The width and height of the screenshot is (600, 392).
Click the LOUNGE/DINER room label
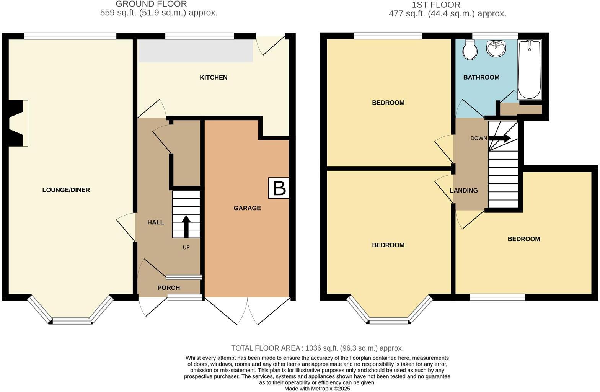66,190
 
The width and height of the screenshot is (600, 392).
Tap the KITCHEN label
214,77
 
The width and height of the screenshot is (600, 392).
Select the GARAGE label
247,208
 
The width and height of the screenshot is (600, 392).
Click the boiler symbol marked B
279,188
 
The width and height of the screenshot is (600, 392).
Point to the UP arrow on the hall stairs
186,226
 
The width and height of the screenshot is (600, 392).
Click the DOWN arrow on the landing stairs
499,138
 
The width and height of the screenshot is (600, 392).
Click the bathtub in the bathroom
529,69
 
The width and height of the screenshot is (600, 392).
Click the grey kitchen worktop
195,51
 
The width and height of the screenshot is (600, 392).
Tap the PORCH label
169,288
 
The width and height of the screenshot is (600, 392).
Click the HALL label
155,222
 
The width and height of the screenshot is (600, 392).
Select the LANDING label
463,190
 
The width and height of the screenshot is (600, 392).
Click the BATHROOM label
481,77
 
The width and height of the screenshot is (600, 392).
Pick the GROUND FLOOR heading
151,4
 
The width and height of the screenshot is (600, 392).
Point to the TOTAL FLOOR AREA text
317,348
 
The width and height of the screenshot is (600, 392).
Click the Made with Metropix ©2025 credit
317,388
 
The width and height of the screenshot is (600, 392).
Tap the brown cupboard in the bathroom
521,109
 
